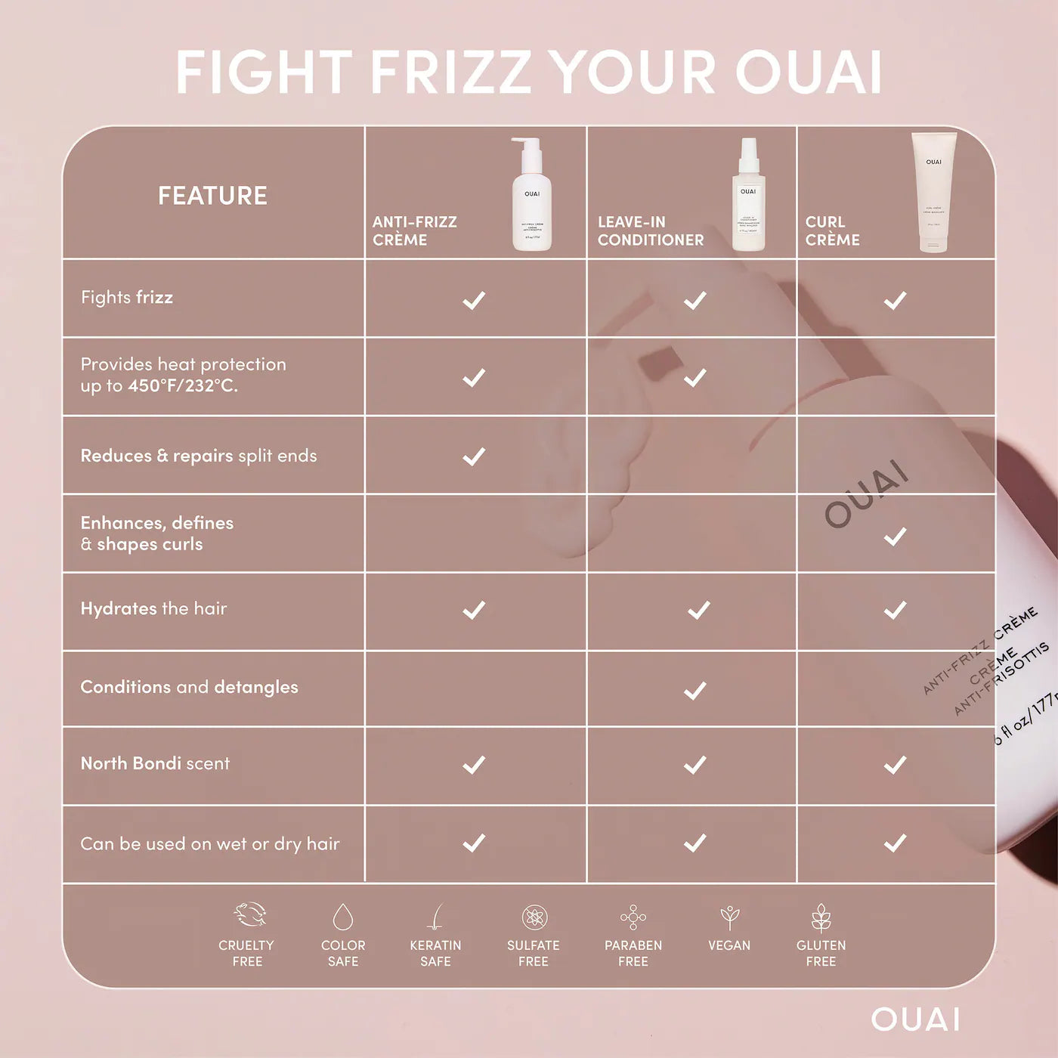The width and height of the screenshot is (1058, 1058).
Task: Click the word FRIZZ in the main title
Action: (452, 73)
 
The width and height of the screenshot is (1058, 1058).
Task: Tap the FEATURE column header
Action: (212, 196)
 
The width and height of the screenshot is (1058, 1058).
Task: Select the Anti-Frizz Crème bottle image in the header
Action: (531, 194)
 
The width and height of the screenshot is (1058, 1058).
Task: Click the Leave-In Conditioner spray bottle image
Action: (748, 195)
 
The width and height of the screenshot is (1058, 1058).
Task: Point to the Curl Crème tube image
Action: (933, 192)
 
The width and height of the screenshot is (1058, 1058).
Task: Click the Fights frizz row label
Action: (127, 298)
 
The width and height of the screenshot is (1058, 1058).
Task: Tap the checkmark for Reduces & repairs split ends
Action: (474, 456)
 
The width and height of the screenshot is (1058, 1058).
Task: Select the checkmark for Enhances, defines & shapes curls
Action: (895, 537)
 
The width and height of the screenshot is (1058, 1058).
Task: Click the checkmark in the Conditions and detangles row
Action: (695, 690)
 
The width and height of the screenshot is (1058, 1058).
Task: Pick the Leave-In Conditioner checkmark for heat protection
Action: (695, 377)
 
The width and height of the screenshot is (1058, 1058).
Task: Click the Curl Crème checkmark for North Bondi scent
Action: (895, 765)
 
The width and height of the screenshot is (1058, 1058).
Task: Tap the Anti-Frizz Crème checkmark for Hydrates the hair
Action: (474, 610)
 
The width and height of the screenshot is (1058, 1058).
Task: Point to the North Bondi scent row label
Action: (155, 763)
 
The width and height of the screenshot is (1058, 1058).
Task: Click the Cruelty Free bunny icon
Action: (249, 914)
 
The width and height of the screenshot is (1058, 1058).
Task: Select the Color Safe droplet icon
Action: (343, 917)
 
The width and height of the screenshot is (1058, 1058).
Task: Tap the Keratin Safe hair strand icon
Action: (435, 917)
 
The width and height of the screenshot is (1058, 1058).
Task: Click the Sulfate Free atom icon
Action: (534, 917)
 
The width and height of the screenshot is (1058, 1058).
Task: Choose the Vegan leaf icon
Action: (729, 917)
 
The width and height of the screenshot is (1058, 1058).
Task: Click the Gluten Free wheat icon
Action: (821, 917)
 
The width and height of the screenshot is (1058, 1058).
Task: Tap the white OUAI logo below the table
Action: (915, 1019)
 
